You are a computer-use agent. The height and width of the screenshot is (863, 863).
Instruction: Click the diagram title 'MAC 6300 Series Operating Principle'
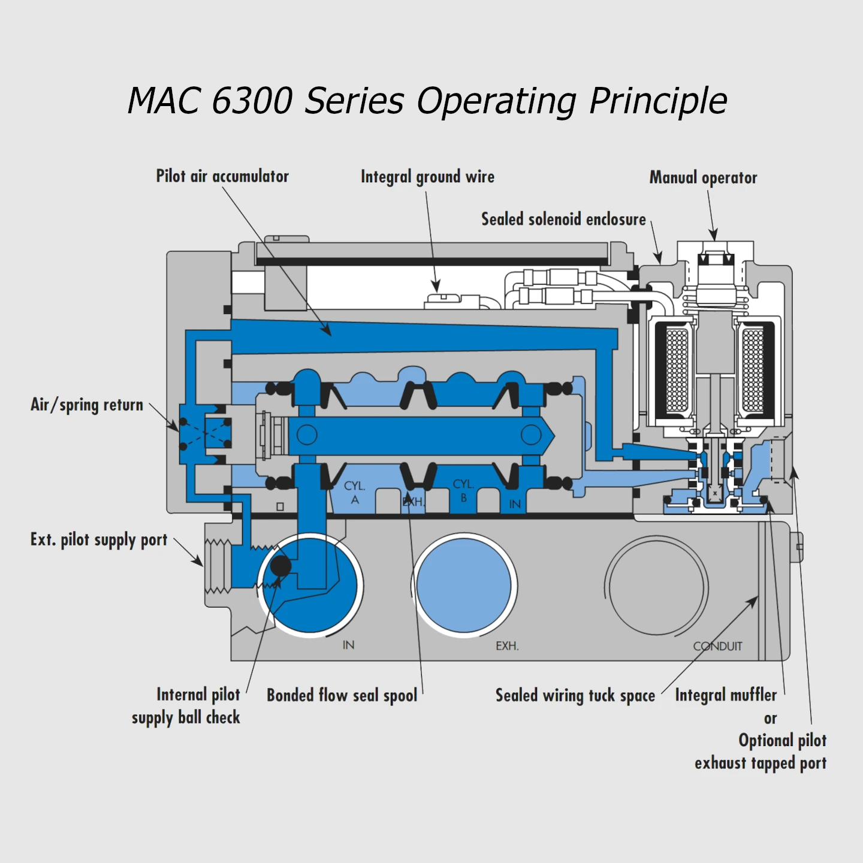[x=427, y=100]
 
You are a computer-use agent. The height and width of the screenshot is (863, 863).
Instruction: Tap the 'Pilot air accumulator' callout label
[x=222, y=176]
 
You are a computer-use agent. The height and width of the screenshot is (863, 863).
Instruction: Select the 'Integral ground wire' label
[x=427, y=177]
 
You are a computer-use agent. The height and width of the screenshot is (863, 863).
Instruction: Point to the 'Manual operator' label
[x=703, y=178]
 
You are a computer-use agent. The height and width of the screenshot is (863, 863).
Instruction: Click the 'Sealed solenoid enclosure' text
[x=563, y=219]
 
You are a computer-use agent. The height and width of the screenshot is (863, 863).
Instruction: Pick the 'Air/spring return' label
[x=87, y=405]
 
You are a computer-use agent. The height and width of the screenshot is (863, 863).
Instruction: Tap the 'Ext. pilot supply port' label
[x=99, y=540]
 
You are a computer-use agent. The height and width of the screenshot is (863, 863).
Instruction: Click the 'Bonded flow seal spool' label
[x=342, y=695]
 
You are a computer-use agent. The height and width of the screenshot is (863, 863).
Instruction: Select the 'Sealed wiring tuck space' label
[x=575, y=696]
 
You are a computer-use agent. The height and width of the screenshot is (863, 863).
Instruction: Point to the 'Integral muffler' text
[x=726, y=695]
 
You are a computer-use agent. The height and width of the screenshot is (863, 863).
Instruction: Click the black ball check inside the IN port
[x=280, y=566]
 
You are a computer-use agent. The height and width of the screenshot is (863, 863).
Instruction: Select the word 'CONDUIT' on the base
[x=717, y=647]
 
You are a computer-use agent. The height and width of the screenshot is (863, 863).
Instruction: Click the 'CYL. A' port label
[x=355, y=492]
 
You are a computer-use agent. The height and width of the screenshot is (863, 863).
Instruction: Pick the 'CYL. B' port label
[x=463, y=490]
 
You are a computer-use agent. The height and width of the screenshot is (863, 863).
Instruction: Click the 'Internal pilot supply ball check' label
[x=186, y=706]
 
